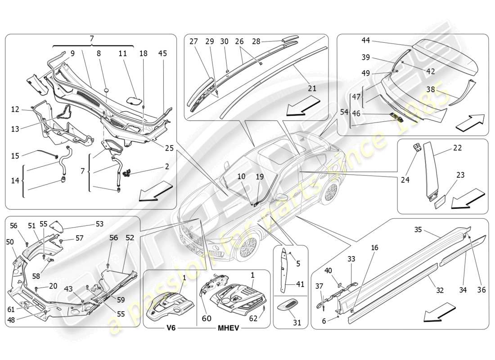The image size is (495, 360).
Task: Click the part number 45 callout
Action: click(x=162, y=53)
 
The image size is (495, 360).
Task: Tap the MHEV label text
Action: click(x=227, y=328)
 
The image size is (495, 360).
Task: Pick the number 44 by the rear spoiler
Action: click(x=365, y=40)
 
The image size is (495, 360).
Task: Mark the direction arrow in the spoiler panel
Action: click(x=470, y=122)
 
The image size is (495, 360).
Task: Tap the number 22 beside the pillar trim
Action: click(x=457, y=148)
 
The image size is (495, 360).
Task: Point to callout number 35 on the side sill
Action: click(x=418, y=229)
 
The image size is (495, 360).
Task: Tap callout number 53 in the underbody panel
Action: click(x=99, y=224)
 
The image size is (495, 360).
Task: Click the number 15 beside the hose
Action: click(x=15, y=156)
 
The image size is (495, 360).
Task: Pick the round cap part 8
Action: click(x=107, y=90)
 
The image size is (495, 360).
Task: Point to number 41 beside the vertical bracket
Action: click(x=301, y=284)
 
